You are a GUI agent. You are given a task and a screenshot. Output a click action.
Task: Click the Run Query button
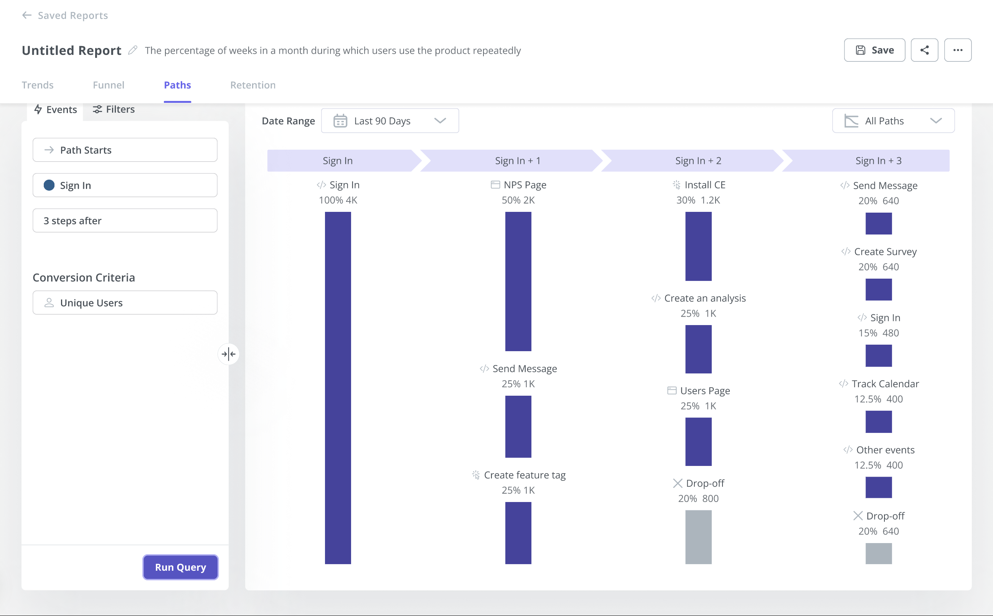[x=180, y=567]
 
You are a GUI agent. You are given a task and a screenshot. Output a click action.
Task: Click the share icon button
[x=924, y=50]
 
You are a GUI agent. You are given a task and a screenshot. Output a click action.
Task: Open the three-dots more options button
[x=958, y=50]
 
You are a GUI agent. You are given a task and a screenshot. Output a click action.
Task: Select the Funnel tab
[x=108, y=85]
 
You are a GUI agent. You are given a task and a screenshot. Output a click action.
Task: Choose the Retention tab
[x=252, y=85]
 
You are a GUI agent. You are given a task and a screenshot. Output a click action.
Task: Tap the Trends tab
[x=38, y=85]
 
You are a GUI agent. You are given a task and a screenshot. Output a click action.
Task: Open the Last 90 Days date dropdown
[x=390, y=121]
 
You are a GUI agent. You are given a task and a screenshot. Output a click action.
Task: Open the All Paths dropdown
[x=893, y=121]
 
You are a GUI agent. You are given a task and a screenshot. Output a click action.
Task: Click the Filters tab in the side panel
[x=114, y=109]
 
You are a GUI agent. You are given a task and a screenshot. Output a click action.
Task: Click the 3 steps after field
[x=125, y=220]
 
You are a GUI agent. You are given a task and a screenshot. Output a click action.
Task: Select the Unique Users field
[x=125, y=302]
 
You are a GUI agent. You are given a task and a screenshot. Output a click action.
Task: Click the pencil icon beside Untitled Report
[x=132, y=50]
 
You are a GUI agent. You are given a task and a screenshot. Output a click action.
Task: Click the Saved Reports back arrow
[x=27, y=15]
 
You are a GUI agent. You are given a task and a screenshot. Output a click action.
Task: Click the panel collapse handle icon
[x=229, y=353]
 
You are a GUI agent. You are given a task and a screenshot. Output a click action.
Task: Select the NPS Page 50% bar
[x=518, y=281]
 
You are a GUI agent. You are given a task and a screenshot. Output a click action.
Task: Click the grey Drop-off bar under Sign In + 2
[x=698, y=537]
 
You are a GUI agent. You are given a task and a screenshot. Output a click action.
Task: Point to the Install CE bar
[x=698, y=246]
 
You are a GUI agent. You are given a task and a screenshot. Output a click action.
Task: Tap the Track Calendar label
[x=885, y=383]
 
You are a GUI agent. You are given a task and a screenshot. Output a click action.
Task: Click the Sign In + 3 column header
[x=878, y=160]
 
